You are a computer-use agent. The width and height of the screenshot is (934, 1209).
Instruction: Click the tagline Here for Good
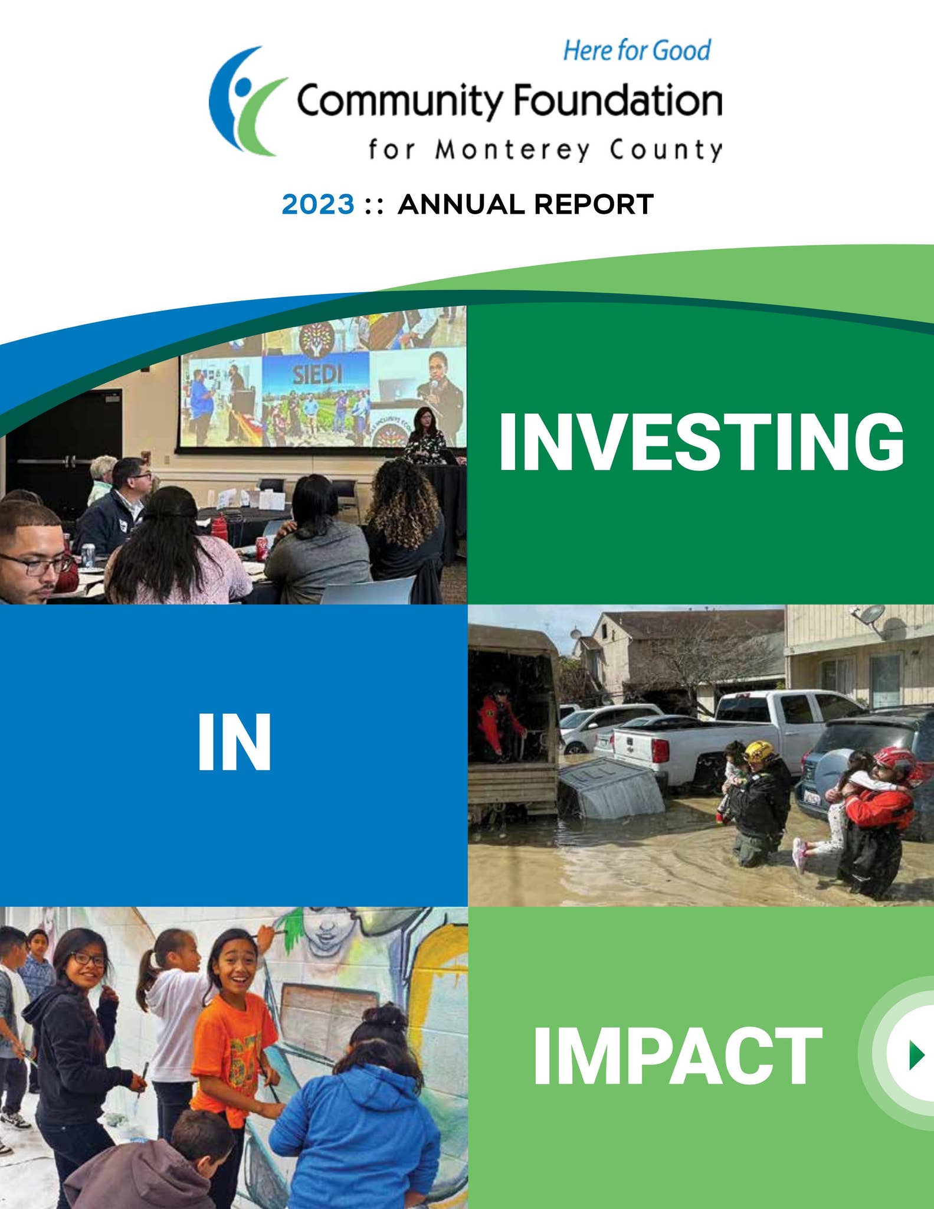[x=637, y=50]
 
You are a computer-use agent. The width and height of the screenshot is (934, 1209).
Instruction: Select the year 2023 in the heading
[x=318, y=205]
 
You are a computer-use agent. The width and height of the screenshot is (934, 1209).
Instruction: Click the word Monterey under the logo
[x=513, y=150]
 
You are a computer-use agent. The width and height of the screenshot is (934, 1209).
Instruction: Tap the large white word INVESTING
[x=701, y=442]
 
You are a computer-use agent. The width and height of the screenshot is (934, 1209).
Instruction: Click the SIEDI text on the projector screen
[x=317, y=374]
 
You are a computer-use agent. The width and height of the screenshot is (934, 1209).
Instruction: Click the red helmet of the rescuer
[x=893, y=757]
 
